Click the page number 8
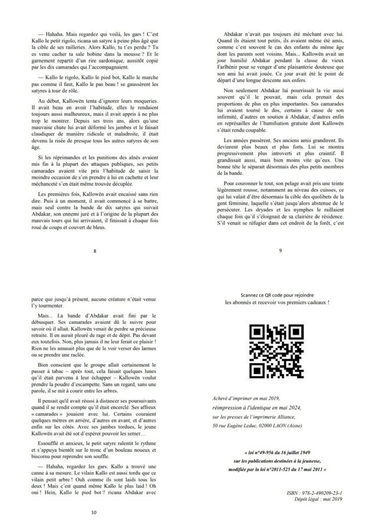click(94, 252)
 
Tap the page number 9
click(280, 252)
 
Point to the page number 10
click(94, 513)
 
